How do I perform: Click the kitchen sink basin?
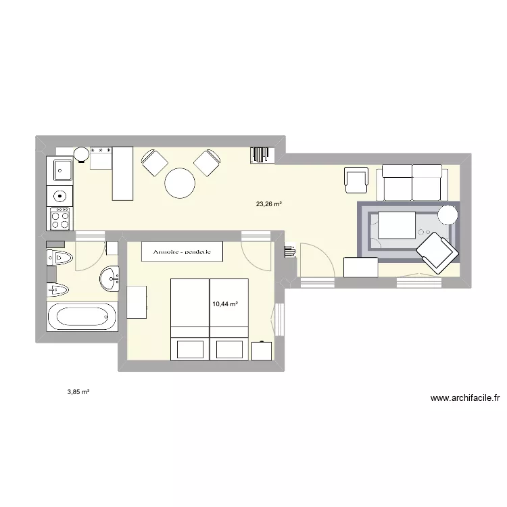point(60,170)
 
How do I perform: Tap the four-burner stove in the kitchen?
point(60,218)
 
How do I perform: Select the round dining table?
point(180,183)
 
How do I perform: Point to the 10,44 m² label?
point(225,304)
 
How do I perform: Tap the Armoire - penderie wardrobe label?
point(181,251)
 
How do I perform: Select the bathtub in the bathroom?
point(82,316)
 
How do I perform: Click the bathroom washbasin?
point(110,277)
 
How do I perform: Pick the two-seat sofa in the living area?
point(412,181)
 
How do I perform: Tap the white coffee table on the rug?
point(396,224)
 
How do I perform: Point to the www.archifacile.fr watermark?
point(464,398)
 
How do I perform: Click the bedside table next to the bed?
point(261,352)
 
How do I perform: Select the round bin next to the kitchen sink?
point(81,154)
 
